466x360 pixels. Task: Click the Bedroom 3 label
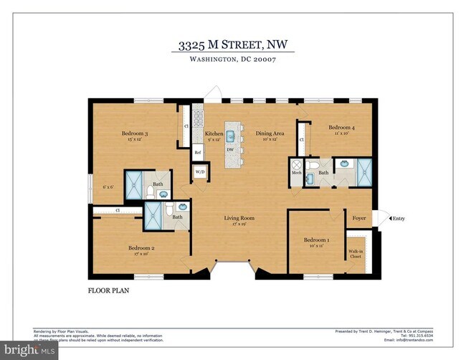[134, 134]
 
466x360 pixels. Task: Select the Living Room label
[239, 218]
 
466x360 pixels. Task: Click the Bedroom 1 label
[316, 240]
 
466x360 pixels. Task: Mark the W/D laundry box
[200, 172]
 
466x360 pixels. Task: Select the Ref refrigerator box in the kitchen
[197, 152]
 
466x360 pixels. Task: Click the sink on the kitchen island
[232, 133]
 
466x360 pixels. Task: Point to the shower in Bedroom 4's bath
[364, 169]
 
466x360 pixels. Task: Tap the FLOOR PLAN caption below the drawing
[108, 292]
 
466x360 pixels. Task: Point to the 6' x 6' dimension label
[108, 187]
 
